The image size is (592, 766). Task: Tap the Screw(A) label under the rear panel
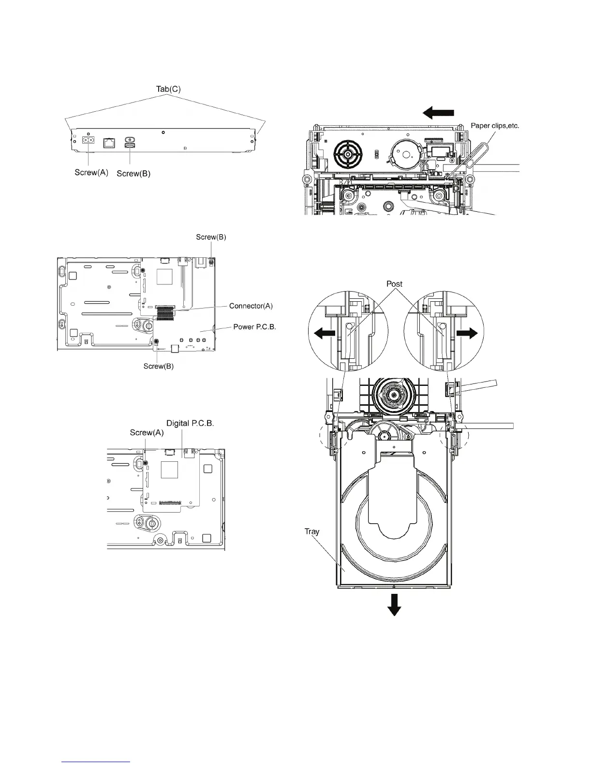91,173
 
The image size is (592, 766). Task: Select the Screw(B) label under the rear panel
133,174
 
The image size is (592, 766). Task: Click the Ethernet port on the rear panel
109,143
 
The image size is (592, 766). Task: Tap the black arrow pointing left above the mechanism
438,113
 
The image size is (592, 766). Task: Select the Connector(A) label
251,306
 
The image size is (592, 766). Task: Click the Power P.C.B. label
254,327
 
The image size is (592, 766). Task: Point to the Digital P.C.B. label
190,423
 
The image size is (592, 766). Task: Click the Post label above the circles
394,284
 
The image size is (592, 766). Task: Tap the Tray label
312,531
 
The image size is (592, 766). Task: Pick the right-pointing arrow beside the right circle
467,333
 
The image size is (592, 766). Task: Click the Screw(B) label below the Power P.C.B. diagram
159,366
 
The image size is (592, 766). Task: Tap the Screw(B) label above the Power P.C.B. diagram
211,237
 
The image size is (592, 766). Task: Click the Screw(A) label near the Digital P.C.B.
147,433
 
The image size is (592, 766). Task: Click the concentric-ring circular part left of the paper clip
347,154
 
